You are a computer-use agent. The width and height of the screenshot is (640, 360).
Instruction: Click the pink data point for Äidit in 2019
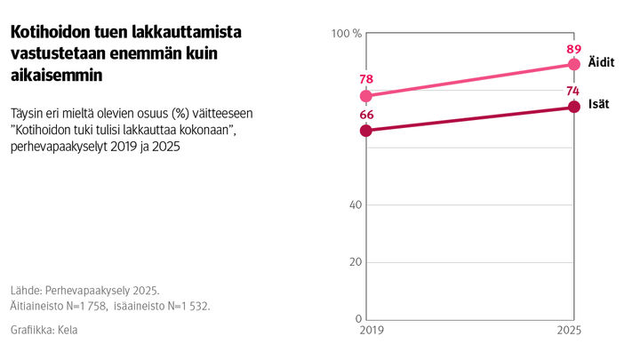[366, 96]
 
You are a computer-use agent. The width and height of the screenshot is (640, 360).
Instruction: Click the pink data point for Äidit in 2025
[573, 65]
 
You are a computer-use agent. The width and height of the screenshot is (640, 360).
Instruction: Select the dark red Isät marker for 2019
[366, 131]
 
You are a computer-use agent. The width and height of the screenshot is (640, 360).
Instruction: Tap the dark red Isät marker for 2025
[573, 108]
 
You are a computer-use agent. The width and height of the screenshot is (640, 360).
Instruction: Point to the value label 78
[366, 79]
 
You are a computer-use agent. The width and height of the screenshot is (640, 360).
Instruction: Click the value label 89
[573, 49]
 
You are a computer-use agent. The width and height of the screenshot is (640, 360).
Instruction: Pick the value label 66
[366, 114]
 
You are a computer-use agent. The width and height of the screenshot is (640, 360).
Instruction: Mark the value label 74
[573, 91]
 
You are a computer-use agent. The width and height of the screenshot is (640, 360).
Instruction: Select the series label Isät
[598, 105]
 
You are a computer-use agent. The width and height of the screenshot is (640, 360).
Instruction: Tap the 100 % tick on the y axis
[346, 34]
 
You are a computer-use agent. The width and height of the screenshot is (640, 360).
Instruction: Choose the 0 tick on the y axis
[357, 319]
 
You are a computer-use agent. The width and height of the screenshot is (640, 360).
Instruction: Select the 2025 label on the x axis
[570, 332]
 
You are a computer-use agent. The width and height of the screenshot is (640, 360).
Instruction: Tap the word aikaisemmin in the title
[56, 76]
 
